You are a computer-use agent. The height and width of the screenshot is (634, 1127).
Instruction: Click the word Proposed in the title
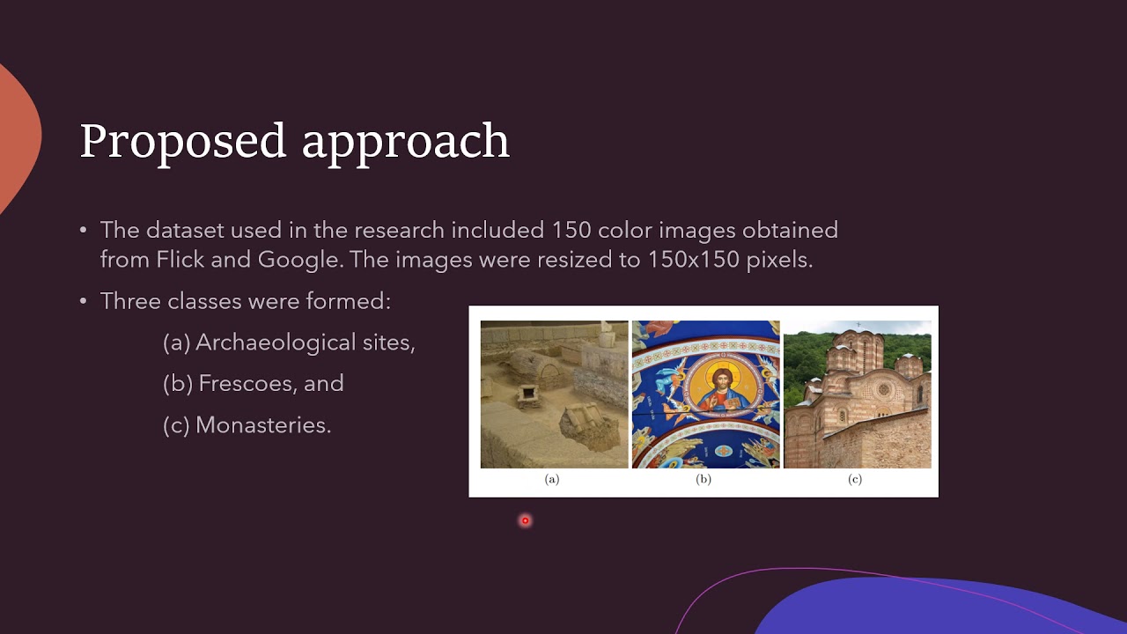183,141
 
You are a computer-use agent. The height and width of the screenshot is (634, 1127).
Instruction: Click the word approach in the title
406,143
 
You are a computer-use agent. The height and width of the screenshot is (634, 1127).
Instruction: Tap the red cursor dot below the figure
525,521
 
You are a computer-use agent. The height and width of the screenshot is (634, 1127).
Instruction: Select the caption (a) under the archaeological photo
552,479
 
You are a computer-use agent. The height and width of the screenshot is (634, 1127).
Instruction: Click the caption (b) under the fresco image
703,479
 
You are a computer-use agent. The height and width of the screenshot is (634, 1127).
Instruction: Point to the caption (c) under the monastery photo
855,479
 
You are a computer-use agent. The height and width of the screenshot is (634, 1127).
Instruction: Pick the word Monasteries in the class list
262,425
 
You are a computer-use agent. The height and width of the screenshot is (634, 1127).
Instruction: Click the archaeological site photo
554,394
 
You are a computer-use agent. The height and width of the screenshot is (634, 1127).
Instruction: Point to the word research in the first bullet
400,231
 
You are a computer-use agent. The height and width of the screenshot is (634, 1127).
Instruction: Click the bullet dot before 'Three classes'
84,301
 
